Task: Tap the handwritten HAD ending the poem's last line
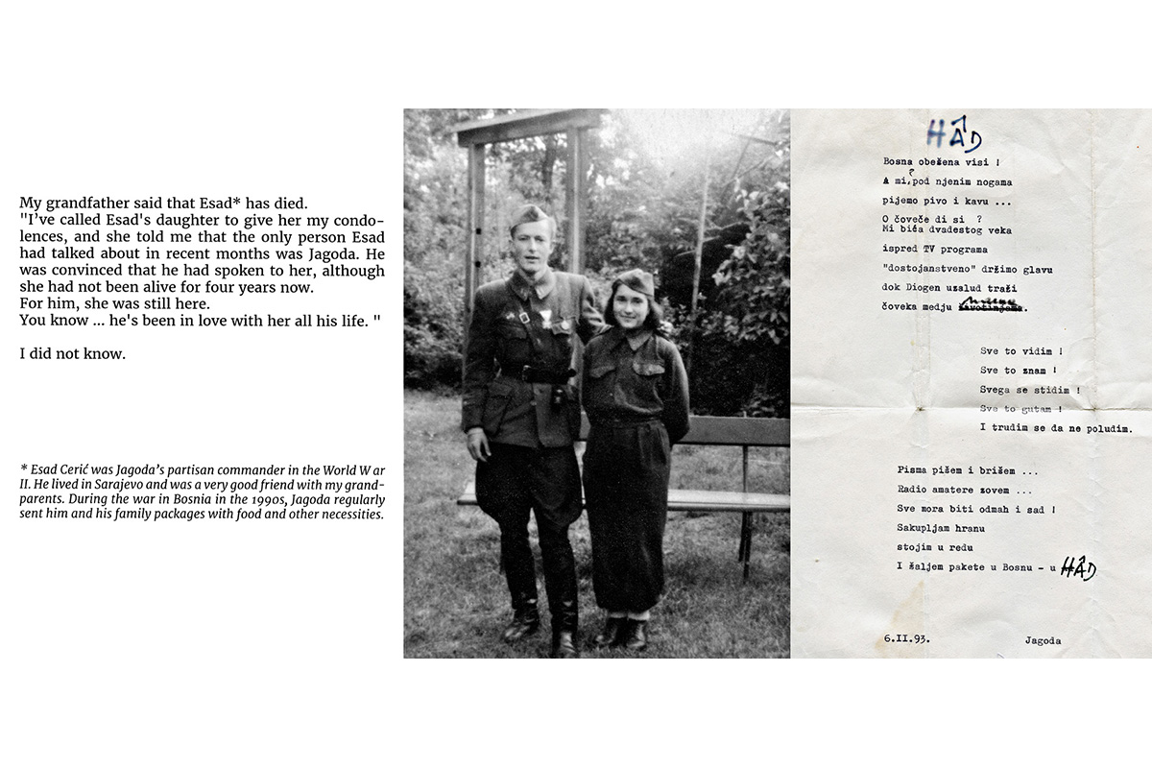[1078, 568]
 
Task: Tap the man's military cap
[531, 215]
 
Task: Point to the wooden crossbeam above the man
[527, 128]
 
